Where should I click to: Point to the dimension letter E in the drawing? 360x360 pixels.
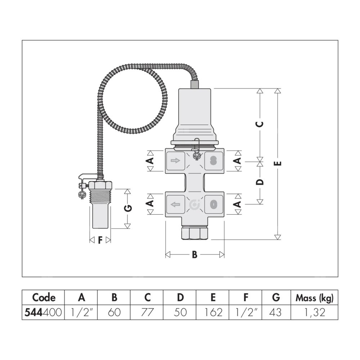(x=277, y=164)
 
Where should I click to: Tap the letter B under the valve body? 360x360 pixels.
(x=194, y=255)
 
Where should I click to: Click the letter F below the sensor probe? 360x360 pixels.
(x=100, y=240)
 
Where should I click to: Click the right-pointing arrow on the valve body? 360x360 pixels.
(x=175, y=161)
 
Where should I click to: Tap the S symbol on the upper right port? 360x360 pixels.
(x=213, y=161)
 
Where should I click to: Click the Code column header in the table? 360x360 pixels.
(x=44, y=298)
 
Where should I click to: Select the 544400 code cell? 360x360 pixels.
(x=44, y=312)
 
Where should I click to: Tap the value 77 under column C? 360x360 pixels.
(x=147, y=312)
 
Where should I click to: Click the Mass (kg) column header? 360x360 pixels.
(x=315, y=298)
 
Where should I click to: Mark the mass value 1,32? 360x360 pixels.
(x=315, y=312)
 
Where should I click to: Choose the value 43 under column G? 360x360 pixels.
(x=276, y=312)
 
